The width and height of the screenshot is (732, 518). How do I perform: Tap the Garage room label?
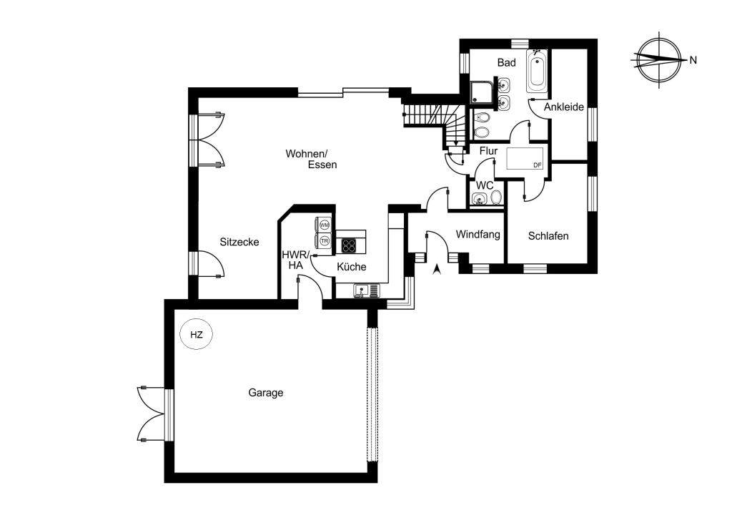point(266,393)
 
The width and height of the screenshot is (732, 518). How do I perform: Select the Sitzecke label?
point(239,242)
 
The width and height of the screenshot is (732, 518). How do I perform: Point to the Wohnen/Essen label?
point(311,159)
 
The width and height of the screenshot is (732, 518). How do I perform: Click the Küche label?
point(352,267)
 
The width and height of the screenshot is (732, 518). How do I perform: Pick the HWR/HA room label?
point(295,260)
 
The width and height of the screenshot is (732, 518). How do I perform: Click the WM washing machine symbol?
point(324,225)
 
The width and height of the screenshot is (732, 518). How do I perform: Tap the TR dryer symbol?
point(324,240)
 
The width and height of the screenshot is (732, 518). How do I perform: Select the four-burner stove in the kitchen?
point(349,245)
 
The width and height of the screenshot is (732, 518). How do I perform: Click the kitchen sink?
point(367,290)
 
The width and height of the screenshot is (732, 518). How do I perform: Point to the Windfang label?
point(478,235)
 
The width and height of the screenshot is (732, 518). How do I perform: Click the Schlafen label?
point(548,236)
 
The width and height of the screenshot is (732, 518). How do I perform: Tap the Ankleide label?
point(564,107)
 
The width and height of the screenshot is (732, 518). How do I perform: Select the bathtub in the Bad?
point(537,72)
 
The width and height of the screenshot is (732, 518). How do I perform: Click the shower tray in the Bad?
point(481,93)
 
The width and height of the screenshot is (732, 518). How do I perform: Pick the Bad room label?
point(507,62)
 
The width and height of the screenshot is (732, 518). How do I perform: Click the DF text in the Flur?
point(538,165)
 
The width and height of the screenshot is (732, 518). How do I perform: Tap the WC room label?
point(485,185)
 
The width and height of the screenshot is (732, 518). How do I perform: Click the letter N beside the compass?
point(693,60)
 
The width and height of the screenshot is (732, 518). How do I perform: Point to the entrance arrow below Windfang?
point(437,270)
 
